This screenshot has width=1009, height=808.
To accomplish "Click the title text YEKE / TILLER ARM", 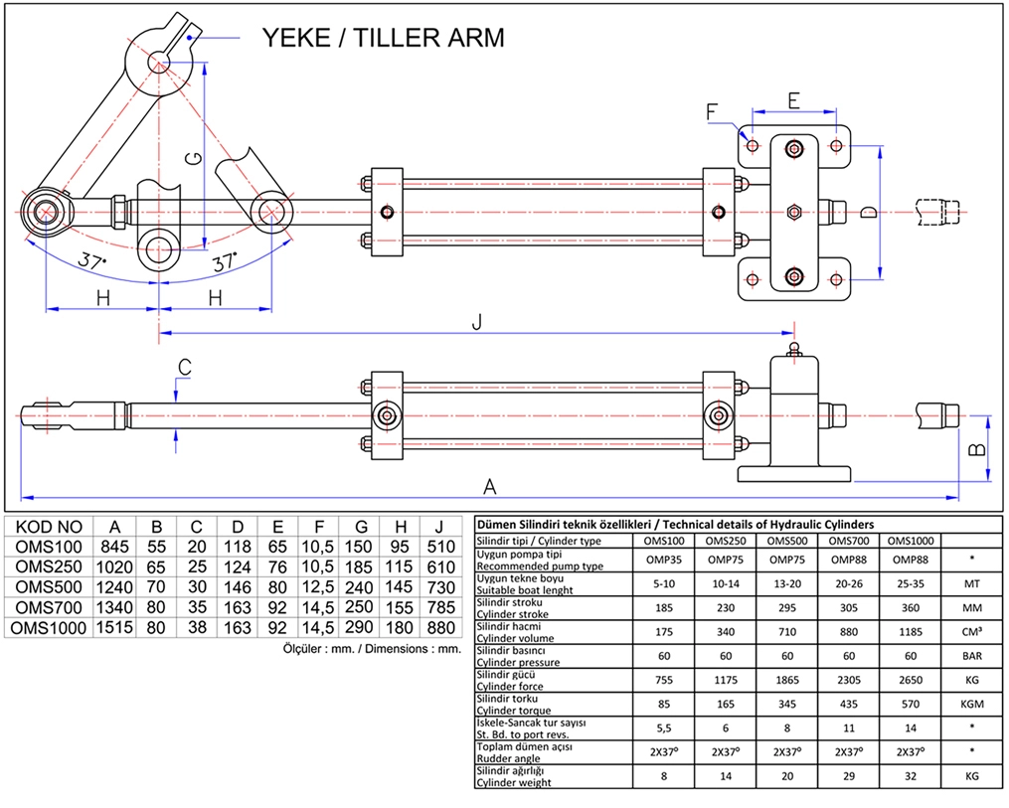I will (x=383, y=38).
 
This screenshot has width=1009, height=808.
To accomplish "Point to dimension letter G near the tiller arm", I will (x=197, y=159).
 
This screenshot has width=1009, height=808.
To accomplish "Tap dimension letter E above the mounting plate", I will (x=793, y=99).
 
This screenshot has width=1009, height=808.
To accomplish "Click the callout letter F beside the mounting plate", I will (x=712, y=111).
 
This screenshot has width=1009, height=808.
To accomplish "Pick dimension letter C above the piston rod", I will (x=184, y=367).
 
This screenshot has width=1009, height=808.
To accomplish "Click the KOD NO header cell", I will (x=50, y=527).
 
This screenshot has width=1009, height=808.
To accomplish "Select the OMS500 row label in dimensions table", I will (x=50, y=586).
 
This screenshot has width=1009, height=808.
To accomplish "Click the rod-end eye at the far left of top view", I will (x=47, y=212).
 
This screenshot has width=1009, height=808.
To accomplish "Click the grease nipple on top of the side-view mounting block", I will (x=793, y=349).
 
